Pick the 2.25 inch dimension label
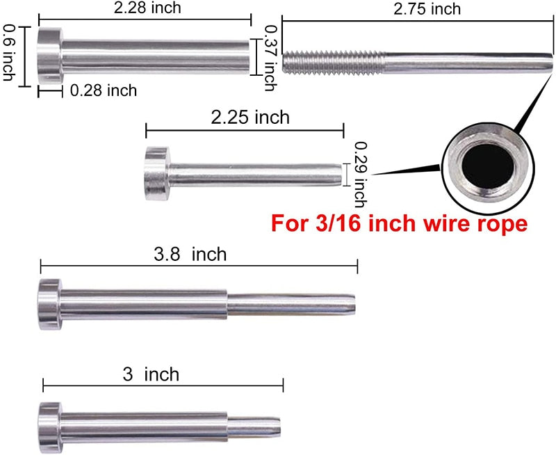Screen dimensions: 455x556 250,117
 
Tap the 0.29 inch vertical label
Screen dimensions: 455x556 359,175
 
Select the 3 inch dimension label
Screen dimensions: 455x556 150,374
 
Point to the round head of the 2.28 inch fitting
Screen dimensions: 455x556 49,53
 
